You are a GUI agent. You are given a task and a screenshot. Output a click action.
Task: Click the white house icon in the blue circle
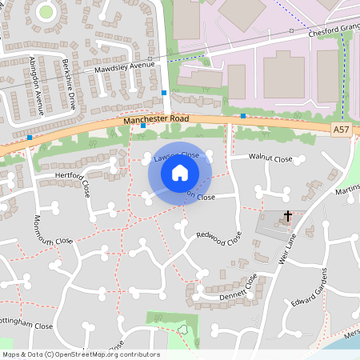tap(180, 172)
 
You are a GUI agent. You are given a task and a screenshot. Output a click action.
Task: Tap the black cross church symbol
tap(287, 216)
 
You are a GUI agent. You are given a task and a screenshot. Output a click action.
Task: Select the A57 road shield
tap(342, 129)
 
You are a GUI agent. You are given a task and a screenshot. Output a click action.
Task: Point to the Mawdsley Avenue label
tap(125, 68)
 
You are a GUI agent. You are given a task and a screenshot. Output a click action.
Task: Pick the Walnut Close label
tap(271, 159)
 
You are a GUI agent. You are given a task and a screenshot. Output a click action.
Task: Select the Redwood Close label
tap(218, 238)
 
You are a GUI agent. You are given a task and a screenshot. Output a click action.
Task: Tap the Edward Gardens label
tap(311, 292)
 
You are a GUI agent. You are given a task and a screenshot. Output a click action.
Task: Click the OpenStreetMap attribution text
tap(80, 354)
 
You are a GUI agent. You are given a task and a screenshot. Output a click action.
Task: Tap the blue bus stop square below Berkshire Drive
tap(143, 125)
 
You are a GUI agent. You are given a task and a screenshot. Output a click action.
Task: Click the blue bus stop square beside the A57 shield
tap(243, 116)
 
